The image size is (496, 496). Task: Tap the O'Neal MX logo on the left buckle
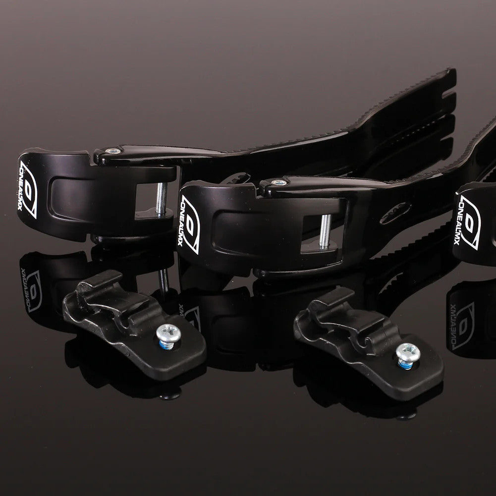[x=28, y=189]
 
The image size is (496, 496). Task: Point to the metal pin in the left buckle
[x=161, y=198]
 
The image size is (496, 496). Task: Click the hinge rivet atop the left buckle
[x=113, y=151]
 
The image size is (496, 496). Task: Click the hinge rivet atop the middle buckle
[x=279, y=182]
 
